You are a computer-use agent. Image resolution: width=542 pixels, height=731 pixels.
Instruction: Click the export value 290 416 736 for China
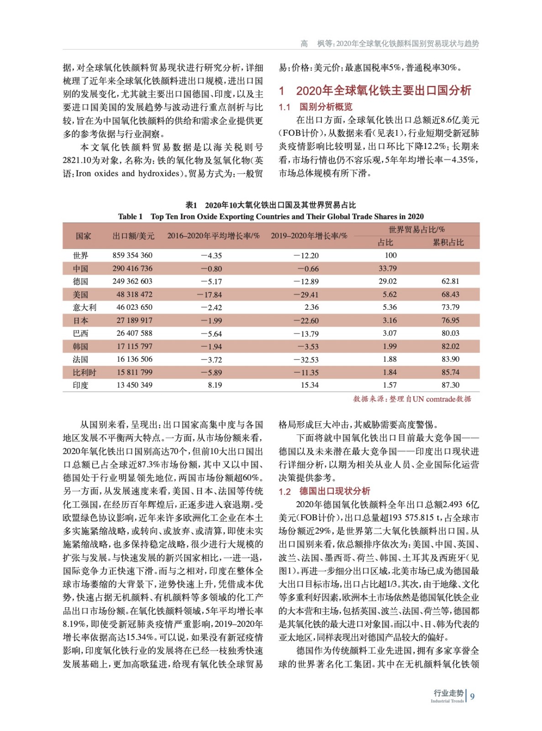(132, 268)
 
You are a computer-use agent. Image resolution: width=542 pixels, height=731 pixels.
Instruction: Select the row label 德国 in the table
(80, 281)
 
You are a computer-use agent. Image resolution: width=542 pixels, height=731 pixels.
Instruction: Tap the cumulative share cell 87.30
(450, 385)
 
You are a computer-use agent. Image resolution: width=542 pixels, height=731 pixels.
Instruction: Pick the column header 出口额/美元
(133, 236)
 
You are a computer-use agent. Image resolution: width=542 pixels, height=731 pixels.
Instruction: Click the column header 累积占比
(448, 243)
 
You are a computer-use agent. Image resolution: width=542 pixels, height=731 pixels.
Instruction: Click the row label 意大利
(84, 307)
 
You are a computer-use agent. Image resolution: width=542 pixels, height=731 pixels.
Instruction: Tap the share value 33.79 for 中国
(388, 268)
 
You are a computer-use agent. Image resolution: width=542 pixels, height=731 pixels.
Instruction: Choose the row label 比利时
(84, 372)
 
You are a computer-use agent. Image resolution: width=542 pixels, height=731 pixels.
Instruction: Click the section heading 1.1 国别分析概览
(316, 107)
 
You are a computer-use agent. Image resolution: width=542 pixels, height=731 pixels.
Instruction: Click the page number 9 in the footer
(472, 696)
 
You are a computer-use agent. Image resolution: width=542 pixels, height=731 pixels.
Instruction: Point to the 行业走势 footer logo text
(448, 693)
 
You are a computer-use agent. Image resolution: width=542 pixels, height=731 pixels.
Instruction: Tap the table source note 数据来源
(412, 399)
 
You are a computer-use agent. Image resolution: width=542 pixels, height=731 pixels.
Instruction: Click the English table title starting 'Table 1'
(271, 217)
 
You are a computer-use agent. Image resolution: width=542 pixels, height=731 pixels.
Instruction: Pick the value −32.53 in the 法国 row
(306, 360)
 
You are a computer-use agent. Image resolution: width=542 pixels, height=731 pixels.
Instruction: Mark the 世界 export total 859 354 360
(132, 255)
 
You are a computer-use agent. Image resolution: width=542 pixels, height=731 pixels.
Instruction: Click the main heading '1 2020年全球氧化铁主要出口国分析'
(375, 90)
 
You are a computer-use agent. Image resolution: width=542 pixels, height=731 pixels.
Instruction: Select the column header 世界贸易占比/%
(416, 229)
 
